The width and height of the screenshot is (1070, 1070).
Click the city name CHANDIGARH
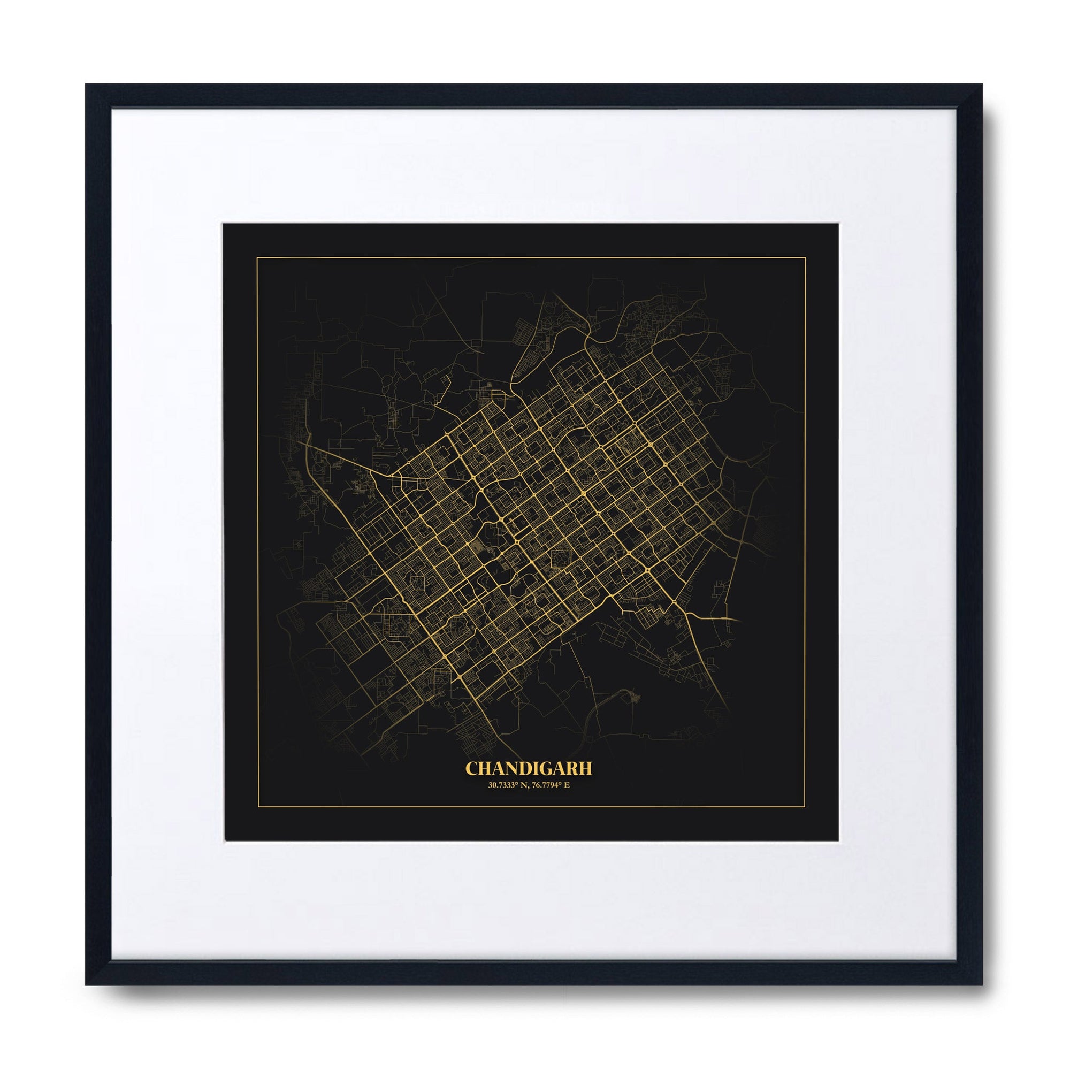pos(529,769)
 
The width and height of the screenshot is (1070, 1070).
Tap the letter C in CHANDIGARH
pos(471,769)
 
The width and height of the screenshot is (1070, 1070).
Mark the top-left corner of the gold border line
pos(256,258)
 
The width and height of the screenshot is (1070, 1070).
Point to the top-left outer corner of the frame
pos(86,84)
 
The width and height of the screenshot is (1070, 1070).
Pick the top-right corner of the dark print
pos(837,224)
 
